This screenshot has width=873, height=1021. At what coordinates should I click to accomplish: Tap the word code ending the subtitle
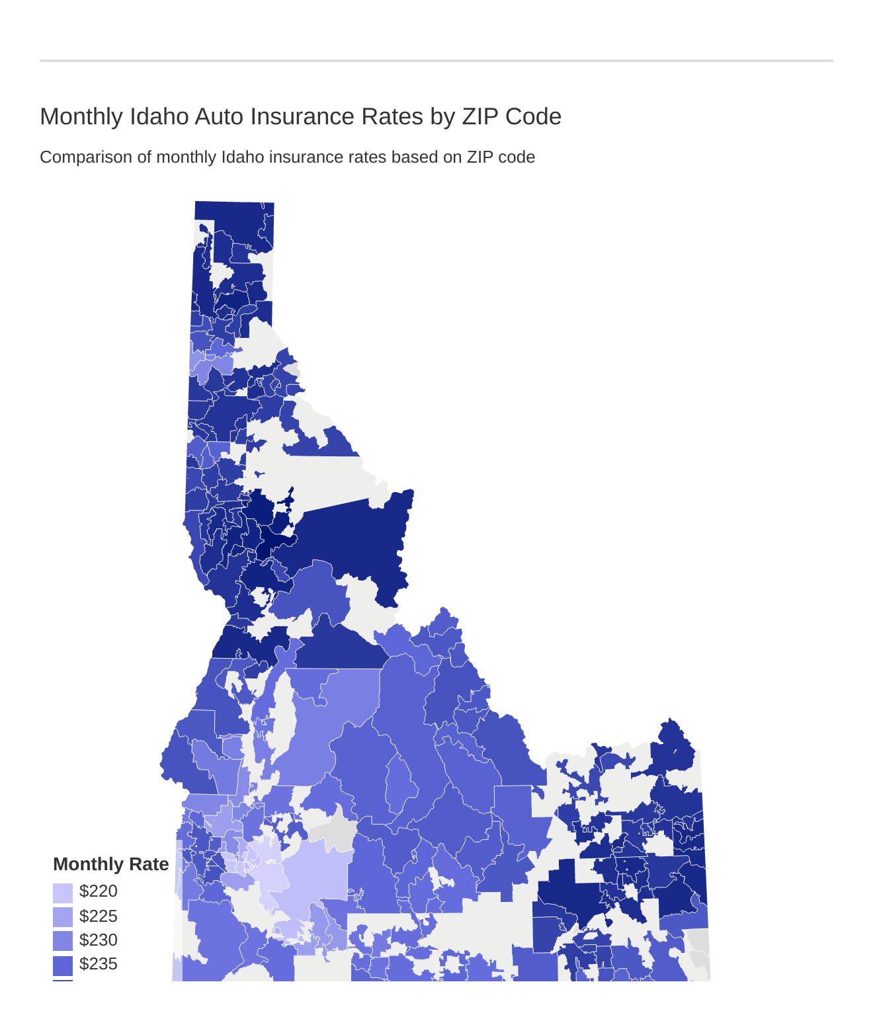pyautogui.click(x=518, y=157)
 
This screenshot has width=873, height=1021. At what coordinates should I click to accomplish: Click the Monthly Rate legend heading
pyautogui.click(x=110, y=864)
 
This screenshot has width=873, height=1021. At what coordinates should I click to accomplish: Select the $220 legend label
pyautogui.click(x=98, y=891)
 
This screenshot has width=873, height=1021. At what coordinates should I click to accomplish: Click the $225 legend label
pyautogui.click(x=98, y=916)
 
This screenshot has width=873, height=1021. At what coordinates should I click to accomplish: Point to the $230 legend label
pyautogui.click(x=98, y=940)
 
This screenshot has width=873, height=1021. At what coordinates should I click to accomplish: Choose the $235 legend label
pyautogui.click(x=98, y=964)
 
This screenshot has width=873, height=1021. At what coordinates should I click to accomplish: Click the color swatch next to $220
pyautogui.click(x=63, y=893)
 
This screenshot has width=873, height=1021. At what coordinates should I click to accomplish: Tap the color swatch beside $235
pyautogui.click(x=63, y=965)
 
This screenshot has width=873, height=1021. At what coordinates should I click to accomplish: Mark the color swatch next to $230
pyautogui.click(x=63, y=941)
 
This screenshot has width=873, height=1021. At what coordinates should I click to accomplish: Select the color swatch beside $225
pyautogui.click(x=63, y=917)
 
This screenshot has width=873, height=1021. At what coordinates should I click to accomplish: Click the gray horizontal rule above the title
pyautogui.click(x=436, y=61)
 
